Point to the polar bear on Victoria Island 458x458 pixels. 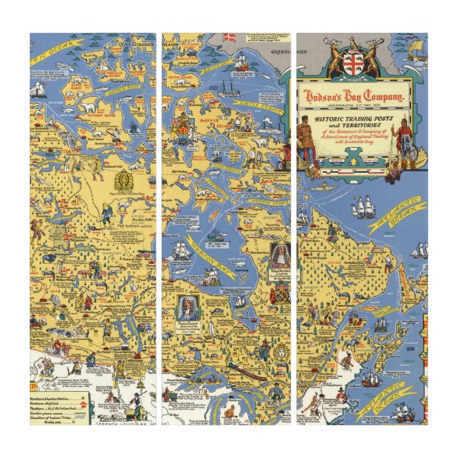(x=89, y=106)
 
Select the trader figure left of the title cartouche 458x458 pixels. (x=306, y=139)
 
